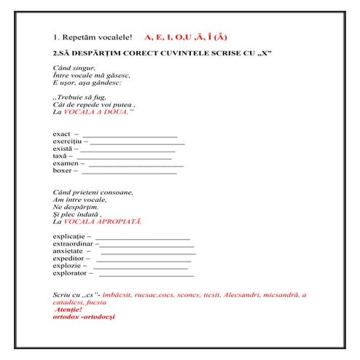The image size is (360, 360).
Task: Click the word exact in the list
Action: tap(61, 135)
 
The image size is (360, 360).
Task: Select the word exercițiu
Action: tap(66, 142)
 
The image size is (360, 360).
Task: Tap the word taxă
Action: tap(60, 157)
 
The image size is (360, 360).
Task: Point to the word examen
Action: tap(64, 164)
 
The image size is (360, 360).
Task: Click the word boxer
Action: tap(62, 171)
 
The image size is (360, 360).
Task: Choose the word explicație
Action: tap(69, 238)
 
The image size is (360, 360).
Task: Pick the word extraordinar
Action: tap(72, 245)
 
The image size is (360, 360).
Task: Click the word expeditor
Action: tap(68, 259)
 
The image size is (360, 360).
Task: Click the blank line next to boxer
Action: tap(129, 173)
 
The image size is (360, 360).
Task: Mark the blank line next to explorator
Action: tap(146, 275)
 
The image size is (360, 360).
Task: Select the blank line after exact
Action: tap(130, 136)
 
